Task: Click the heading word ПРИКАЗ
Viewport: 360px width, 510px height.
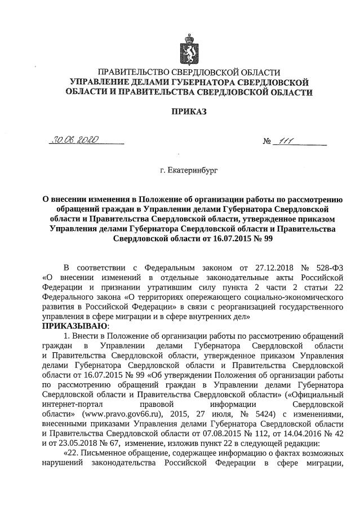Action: [x=189, y=112]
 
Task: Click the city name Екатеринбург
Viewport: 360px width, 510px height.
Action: [x=189, y=168]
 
